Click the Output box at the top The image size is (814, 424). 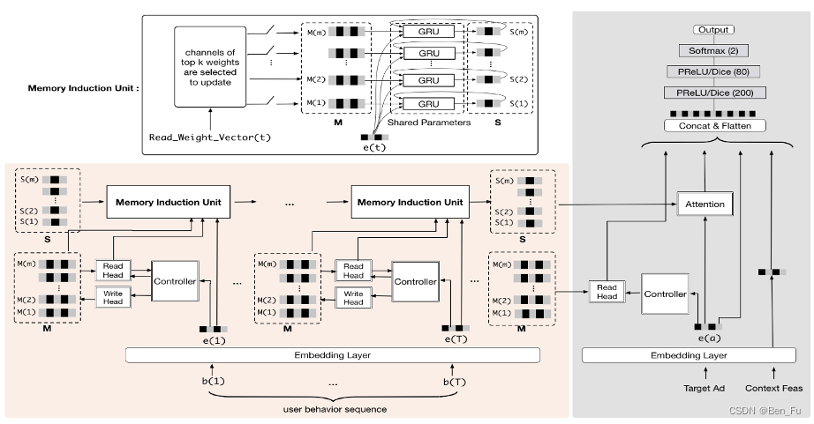pos(713,30)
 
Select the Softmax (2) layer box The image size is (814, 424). pos(713,50)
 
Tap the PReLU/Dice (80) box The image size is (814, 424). pos(713,71)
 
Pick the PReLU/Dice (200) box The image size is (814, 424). pos(713,93)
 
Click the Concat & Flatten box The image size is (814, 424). pos(713,125)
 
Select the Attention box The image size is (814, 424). pos(705,205)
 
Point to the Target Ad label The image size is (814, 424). pos(704,388)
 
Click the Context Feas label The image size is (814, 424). pos(773,388)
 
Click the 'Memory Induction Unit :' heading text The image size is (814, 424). pos(84,88)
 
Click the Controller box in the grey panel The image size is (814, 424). pos(664,294)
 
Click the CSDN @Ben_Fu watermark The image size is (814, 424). pos(769,409)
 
